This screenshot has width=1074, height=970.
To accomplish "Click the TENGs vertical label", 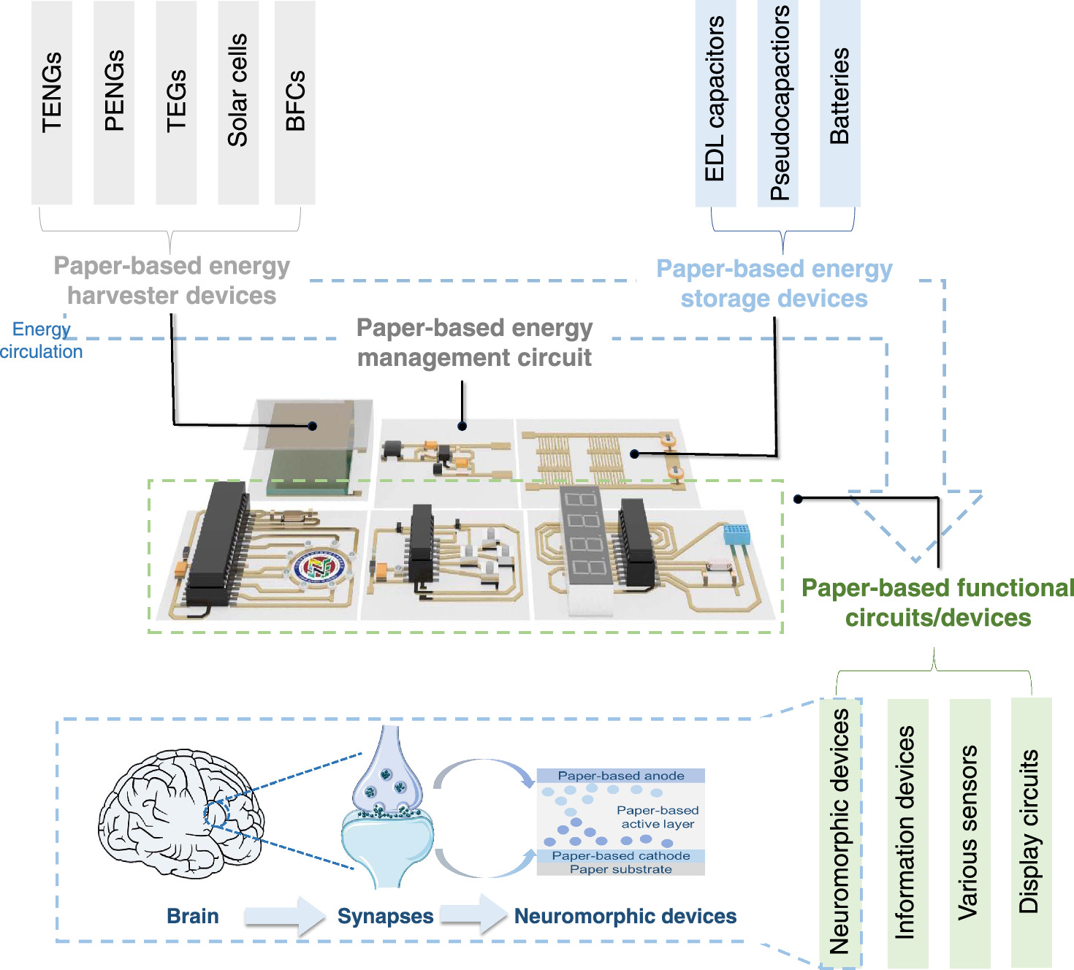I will coord(52,93).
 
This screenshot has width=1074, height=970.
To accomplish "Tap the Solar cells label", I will coord(238,91).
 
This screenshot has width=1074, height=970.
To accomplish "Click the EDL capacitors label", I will coord(715,99).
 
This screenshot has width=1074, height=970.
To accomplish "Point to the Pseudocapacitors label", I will coord(780,102).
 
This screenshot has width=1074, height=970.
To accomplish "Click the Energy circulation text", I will coord(41,340).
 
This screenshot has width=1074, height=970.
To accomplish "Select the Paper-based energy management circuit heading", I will coord(474,343).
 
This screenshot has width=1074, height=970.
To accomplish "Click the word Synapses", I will coord(385,916).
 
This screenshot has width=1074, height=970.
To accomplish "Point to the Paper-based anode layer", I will coord(621,776).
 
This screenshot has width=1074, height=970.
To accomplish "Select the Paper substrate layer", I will coord(621,869).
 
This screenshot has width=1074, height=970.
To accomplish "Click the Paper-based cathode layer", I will coord(621,855).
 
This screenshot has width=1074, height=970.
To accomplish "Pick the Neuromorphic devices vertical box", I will coord(840,833).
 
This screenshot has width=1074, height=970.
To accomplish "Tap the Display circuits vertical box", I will coord(1030,833).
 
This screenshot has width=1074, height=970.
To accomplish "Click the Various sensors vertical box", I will coord(969,833).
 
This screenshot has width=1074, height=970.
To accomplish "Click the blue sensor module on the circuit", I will coord(736,534).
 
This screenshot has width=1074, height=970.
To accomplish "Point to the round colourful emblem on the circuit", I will coord(319,567).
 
